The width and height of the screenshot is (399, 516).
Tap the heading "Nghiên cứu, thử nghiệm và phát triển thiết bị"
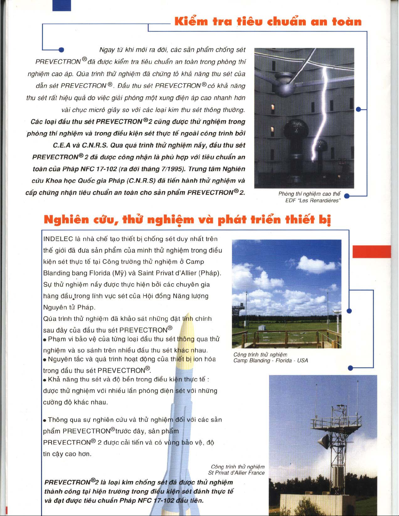[187, 220]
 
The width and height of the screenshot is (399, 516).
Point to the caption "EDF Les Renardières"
[313, 201]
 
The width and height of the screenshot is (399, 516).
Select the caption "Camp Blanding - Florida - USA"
[270, 360]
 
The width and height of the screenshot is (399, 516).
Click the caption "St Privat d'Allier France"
[236, 473]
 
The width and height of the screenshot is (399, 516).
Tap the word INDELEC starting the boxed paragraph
[58, 239]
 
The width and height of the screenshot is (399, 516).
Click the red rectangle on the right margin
[372, 252]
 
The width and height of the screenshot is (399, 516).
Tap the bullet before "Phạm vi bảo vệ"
[45, 340]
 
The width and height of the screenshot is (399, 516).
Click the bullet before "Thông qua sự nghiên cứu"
[45, 420]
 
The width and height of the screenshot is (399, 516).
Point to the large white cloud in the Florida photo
[316, 264]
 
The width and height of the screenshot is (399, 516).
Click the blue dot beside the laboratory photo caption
[347, 196]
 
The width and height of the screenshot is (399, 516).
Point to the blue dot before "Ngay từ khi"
[61, 50]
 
